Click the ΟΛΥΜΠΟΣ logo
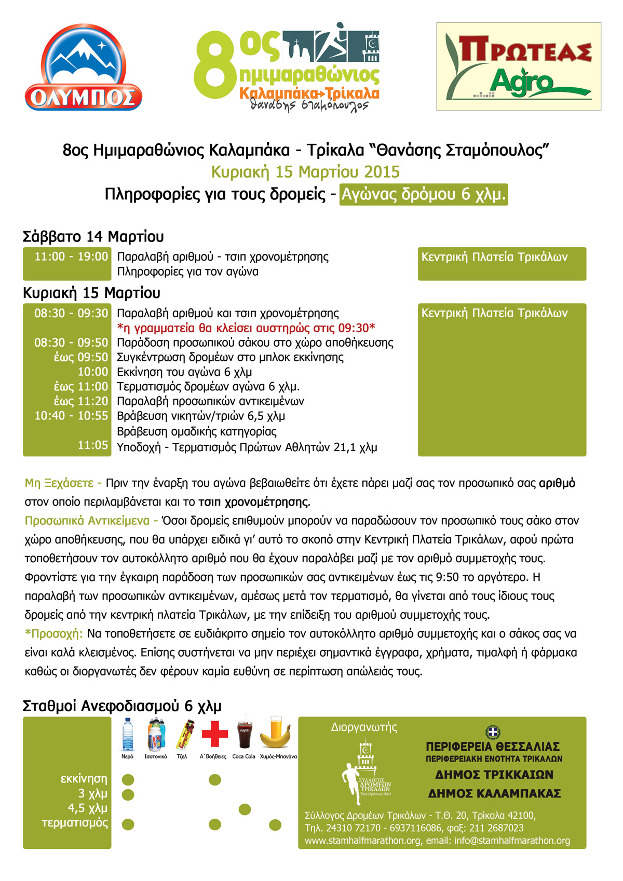pyautogui.click(x=84, y=68)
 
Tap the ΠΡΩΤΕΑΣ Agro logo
pyautogui.click(x=518, y=66)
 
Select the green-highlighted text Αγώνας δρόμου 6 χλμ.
pyautogui.click(x=423, y=195)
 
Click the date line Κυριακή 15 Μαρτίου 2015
pyautogui.click(x=305, y=172)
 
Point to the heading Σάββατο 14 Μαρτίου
pyautogui.click(x=93, y=237)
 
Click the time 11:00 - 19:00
pyautogui.click(x=71, y=256)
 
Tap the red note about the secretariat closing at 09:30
pyautogui.click(x=246, y=328)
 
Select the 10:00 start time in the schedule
pyautogui.click(x=93, y=372)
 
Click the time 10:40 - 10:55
pyautogui.click(x=71, y=416)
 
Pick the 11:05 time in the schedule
pyautogui.click(x=93, y=445)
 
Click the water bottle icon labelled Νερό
pyautogui.click(x=128, y=735)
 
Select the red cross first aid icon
pyautogui.click(x=214, y=734)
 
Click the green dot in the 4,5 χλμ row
pyautogui.click(x=245, y=809)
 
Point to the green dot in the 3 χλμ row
pyautogui.click(x=128, y=794)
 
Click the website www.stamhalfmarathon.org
pyautogui.click(x=362, y=841)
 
